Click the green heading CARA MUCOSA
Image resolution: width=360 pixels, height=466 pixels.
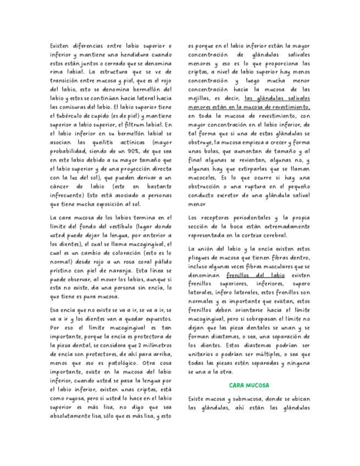coord(249,386)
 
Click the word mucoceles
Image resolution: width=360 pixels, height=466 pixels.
coord(202,177)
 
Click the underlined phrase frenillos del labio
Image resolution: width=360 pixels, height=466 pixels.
coord(256,275)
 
